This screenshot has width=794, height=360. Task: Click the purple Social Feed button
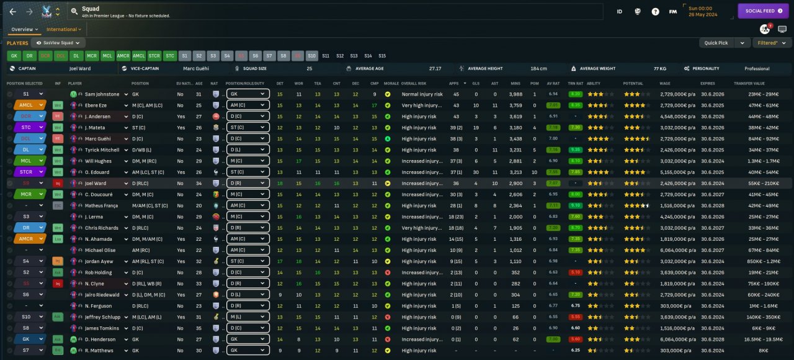763,11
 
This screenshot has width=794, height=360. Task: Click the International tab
63,29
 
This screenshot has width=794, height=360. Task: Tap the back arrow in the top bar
13,11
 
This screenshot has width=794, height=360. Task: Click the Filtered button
772,43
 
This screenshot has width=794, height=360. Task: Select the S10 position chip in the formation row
311,56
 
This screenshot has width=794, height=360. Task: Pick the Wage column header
666,83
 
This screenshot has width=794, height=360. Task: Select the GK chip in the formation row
14,56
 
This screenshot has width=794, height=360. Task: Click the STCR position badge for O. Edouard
26,172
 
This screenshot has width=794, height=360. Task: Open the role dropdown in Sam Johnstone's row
248,94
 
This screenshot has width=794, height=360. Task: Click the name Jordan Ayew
99,261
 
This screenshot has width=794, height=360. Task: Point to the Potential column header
633,83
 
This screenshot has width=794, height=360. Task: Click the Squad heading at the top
91,9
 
